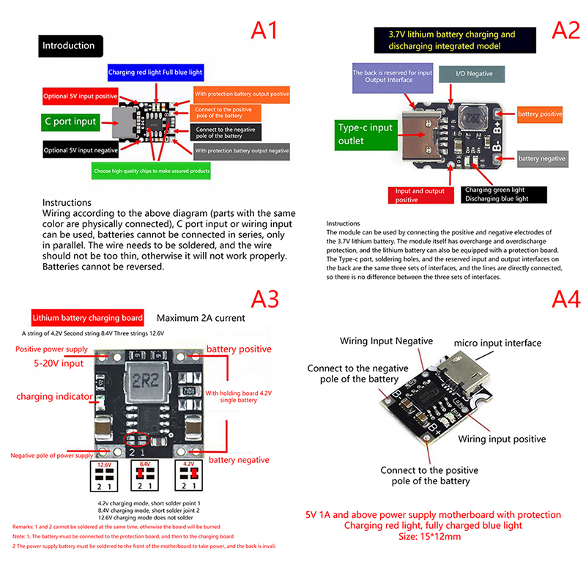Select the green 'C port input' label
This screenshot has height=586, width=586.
tap(69, 122)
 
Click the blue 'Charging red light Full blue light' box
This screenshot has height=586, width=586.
tap(155, 73)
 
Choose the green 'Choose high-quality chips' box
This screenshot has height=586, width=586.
tap(152, 171)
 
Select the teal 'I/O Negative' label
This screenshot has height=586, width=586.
tap(475, 74)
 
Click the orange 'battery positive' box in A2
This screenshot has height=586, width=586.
tap(541, 114)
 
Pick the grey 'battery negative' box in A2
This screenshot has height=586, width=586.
tap(542, 158)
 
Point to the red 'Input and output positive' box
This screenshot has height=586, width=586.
tap(417, 195)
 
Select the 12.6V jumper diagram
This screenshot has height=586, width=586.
tap(103, 476)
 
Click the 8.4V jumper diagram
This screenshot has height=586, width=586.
tap(144, 476)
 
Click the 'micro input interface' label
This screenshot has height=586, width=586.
tap(497, 343)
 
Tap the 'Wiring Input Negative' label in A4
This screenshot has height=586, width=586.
tap(386, 341)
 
